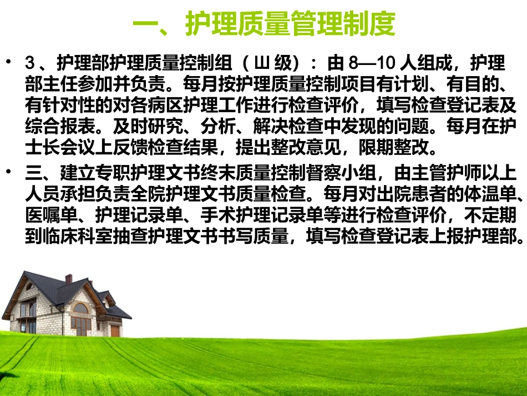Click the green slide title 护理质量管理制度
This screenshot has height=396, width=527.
265,24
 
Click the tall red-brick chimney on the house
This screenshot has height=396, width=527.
68,279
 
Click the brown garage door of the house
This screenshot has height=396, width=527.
115,330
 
